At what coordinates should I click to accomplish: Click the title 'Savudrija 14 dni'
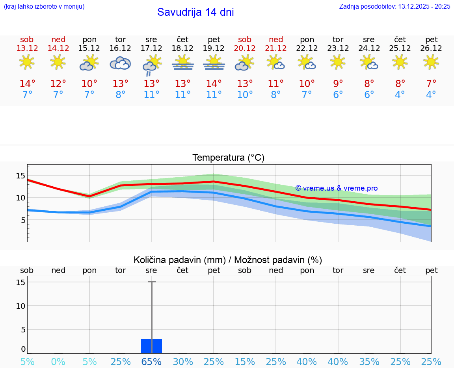click(195, 12)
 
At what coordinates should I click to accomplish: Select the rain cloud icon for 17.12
click(151, 65)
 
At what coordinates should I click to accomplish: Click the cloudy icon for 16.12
click(120, 63)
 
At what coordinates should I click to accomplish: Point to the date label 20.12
click(245, 48)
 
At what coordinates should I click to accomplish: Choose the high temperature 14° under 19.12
click(214, 84)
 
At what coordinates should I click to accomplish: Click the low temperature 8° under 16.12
click(120, 95)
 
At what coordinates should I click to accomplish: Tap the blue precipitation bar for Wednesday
click(151, 346)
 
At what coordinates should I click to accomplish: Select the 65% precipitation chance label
click(151, 362)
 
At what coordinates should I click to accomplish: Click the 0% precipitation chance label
click(58, 362)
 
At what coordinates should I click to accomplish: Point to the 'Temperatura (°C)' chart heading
click(228, 158)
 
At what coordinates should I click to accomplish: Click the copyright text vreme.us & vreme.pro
click(336, 188)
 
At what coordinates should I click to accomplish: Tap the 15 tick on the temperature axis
click(20, 176)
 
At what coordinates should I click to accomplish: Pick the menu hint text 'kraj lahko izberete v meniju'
click(44, 6)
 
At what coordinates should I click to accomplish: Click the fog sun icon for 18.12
click(182, 63)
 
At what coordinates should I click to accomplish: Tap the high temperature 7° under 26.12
click(431, 84)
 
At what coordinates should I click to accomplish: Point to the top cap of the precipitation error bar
click(152, 282)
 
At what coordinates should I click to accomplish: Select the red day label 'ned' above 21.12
click(276, 40)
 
